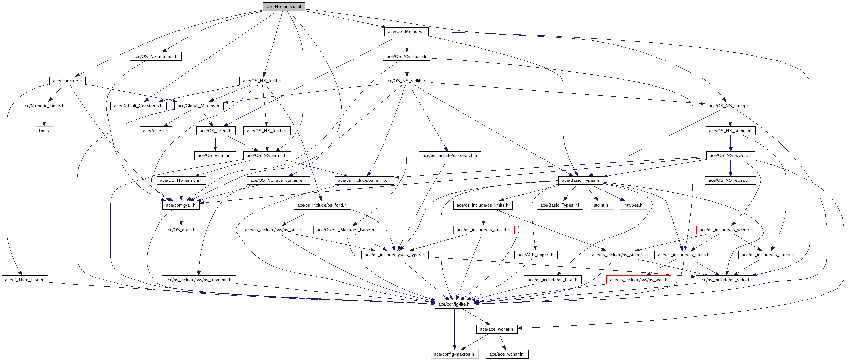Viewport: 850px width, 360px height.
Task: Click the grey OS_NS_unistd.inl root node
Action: pyautogui.click(x=284, y=7)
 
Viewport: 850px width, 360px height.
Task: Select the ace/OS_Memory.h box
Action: pyautogui.click(x=406, y=32)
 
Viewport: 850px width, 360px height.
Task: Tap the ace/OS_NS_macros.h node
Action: pyautogui.click(x=155, y=57)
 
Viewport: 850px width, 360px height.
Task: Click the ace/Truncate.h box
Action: pyautogui.click(x=67, y=81)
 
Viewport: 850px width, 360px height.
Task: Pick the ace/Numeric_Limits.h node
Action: pyautogui.click(x=44, y=106)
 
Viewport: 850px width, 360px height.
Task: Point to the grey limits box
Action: pyautogui.click(x=44, y=131)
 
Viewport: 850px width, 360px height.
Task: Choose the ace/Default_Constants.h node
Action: pyautogui.click(x=138, y=106)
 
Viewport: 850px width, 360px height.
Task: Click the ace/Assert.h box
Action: pyautogui.click(x=155, y=131)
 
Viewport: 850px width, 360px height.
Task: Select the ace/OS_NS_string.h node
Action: pyautogui.click(x=729, y=106)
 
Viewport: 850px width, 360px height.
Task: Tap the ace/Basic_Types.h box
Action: pyautogui.click(x=580, y=180)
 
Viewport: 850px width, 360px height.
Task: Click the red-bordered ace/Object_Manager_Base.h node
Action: pyautogui.click(x=345, y=230)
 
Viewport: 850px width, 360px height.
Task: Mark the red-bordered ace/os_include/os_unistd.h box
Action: pyautogui.click(x=483, y=230)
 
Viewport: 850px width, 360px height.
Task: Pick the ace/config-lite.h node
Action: pyautogui.click(x=454, y=304)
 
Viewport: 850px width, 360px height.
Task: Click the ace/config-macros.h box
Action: pyautogui.click(x=454, y=354)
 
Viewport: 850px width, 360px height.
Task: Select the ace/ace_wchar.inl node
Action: pyautogui.click(x=507, y=354)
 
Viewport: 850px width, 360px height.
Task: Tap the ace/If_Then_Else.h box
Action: pyautogui.click(x=24, y=280)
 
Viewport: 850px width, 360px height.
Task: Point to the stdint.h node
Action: pyautogui.click(x=601, y=205)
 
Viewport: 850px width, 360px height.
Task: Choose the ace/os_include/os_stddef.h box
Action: pyautogui.click(x=726, y=280)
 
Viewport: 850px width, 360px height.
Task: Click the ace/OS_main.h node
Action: pyautogui.click(x=181, y=230)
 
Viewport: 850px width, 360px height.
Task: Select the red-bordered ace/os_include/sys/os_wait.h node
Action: pyautogui.click(x=639, y=280)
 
